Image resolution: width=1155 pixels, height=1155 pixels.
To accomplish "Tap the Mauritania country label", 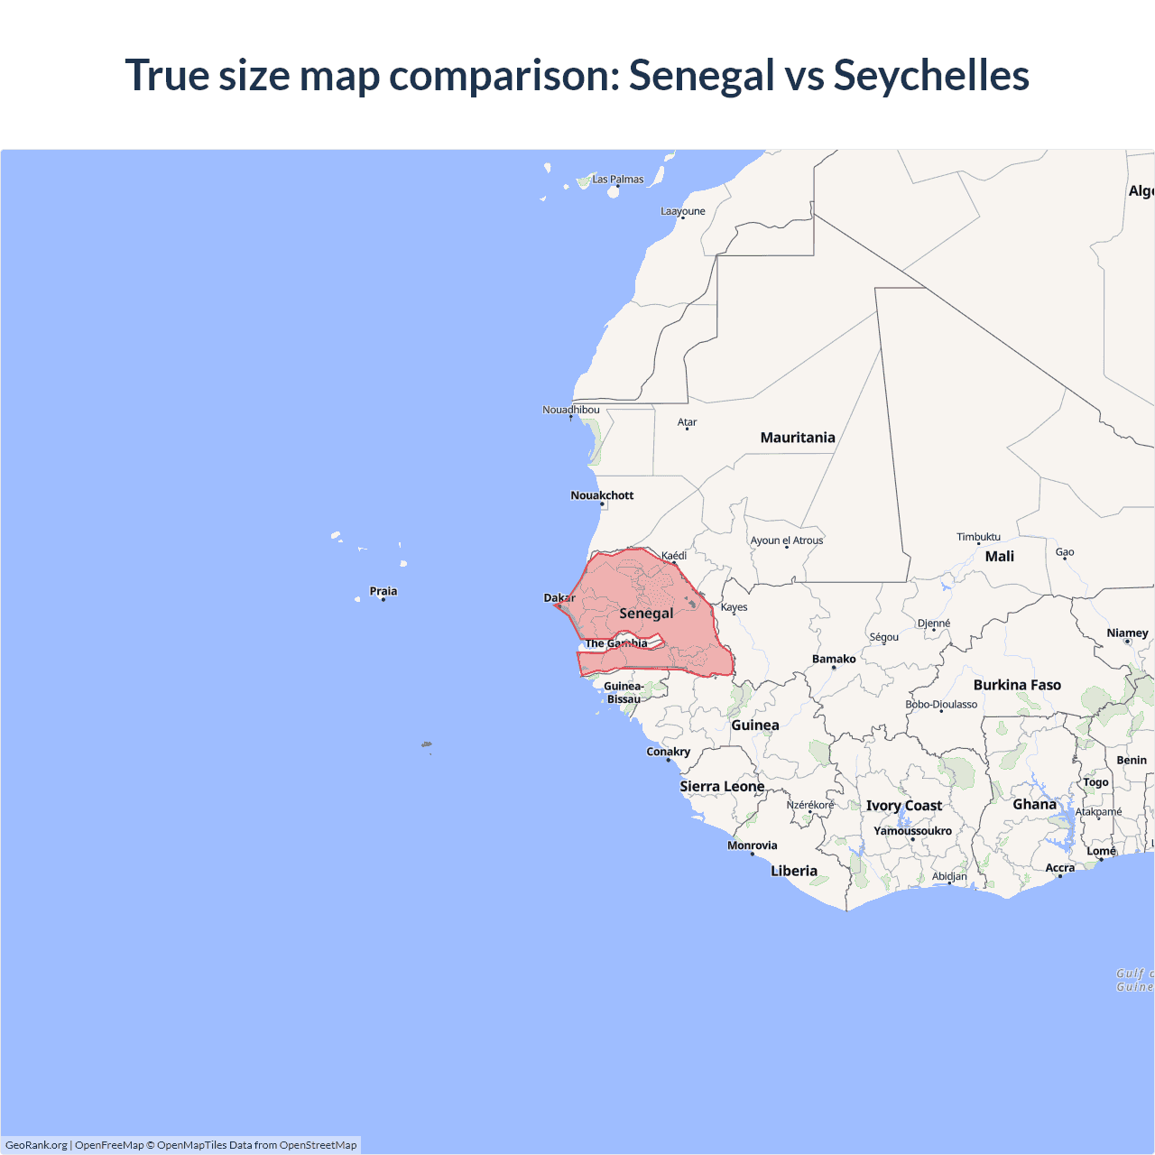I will pos(798,438).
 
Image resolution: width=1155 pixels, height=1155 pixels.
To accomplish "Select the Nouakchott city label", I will pos(602,495).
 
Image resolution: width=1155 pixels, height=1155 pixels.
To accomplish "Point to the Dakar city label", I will pos(559,598).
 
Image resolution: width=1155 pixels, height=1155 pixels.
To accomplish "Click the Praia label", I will pos(383,592).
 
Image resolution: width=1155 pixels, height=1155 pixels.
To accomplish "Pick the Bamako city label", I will pos(834,660).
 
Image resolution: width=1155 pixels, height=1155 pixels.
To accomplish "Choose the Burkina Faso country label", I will pos(1017,685).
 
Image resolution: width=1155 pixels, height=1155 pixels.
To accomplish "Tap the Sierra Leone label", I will pos(722,787).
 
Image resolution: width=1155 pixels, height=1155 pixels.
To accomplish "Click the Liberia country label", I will pos(794,871).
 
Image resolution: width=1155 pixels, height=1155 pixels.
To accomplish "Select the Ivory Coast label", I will pos(904,806).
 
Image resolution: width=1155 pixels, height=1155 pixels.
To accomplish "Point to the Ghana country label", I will pos(1034,804).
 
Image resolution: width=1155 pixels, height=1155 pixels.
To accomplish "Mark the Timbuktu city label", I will pos(978,537).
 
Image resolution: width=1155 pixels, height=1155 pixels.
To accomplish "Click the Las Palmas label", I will pos(618,180).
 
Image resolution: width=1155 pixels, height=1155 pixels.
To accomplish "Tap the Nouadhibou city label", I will pos(570,410).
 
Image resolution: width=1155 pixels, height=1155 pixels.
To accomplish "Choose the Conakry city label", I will pos(668,752).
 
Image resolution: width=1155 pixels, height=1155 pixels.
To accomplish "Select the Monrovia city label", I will pos(752,845).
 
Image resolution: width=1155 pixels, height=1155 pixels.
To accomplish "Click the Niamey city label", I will pos(1127,633).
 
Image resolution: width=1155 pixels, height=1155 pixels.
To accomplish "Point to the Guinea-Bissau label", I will pos(624,693).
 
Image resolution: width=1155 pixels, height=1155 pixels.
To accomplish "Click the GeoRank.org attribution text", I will pos(36,1145).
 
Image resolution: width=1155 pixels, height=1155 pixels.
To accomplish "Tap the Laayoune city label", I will pos(683,211).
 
